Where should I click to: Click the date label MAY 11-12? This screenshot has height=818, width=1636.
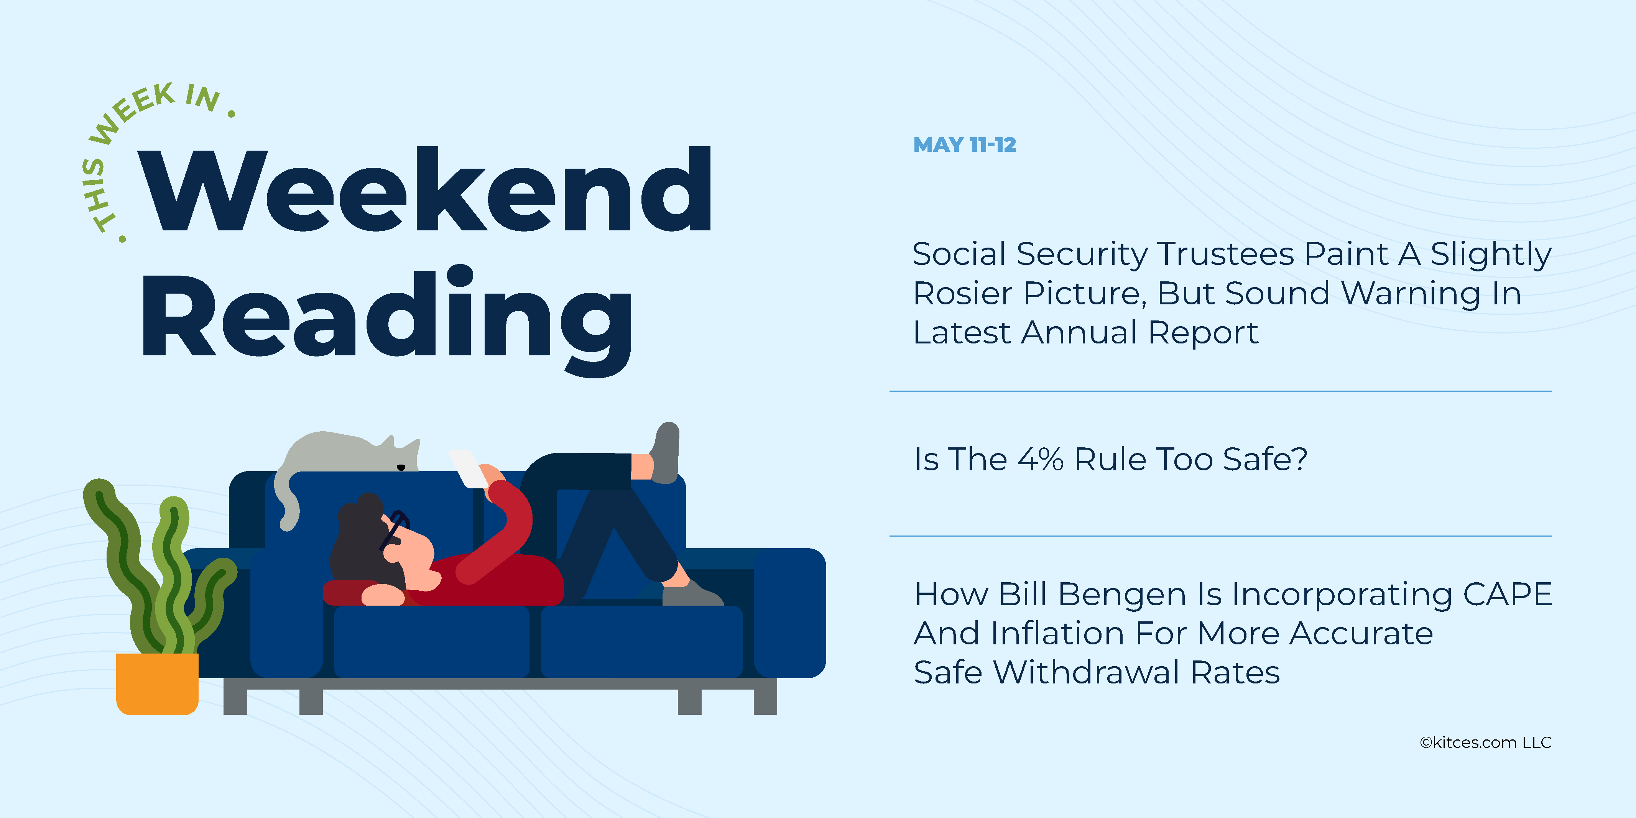pyautogui.click(x=965, y=145)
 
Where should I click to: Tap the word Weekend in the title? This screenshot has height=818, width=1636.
pyautogui.click(x=425, y=190)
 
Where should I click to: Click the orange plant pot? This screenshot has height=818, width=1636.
pyautogui.click(x=157, y=684)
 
